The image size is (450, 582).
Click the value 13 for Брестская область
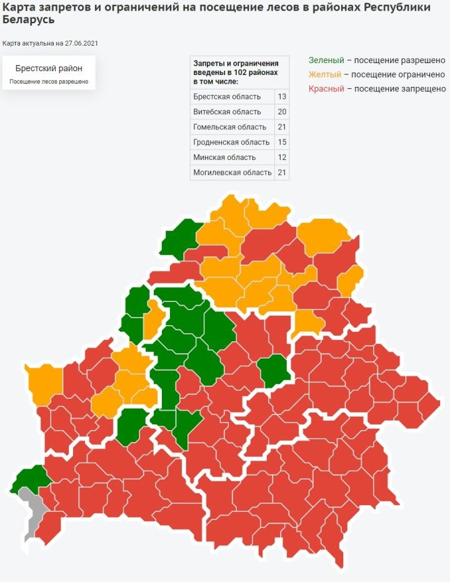click(282, 97)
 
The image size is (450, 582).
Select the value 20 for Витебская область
click(282, 112)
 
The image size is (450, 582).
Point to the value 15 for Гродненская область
click(282, 142)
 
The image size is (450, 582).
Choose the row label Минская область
click(224, 157)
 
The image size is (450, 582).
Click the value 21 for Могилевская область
click(282, 172)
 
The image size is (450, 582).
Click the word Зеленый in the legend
click(326, 61)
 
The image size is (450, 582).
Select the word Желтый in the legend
click(325, 75)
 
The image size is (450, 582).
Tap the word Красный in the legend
click(326, 89)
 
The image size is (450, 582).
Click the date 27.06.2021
click(81, 44)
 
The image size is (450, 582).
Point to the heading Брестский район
click(49, 68)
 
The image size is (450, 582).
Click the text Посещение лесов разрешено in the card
click(49, 82)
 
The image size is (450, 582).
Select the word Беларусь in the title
click(28, 19)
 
